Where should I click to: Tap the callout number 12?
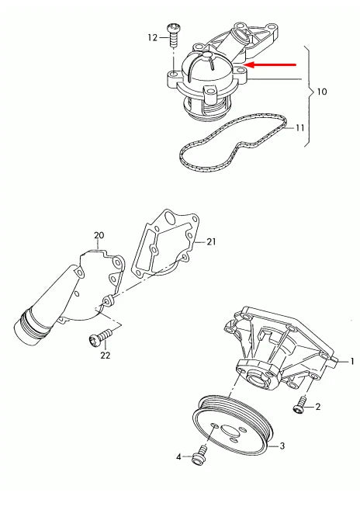(153, 36)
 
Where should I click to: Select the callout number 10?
(321, 92)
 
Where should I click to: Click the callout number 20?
(99, 234)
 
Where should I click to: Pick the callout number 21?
(210, 242)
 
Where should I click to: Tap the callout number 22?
(105, 355)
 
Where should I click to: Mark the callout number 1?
(351, 362)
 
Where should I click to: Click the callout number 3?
(282, 446)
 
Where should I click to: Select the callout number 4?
(178, 457)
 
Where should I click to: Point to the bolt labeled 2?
(299, 403)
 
